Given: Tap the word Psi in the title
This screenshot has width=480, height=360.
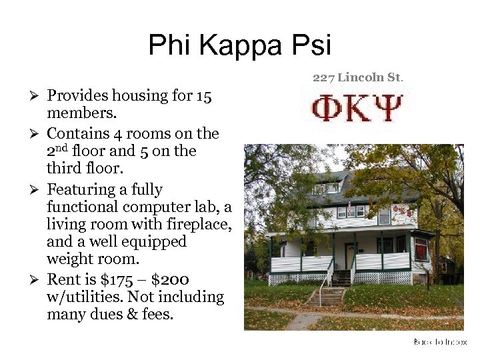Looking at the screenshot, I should coord(311,46).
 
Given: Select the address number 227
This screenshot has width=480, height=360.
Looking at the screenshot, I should coord(323,77).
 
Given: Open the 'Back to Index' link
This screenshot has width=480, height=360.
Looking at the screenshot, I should coord(439,342).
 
